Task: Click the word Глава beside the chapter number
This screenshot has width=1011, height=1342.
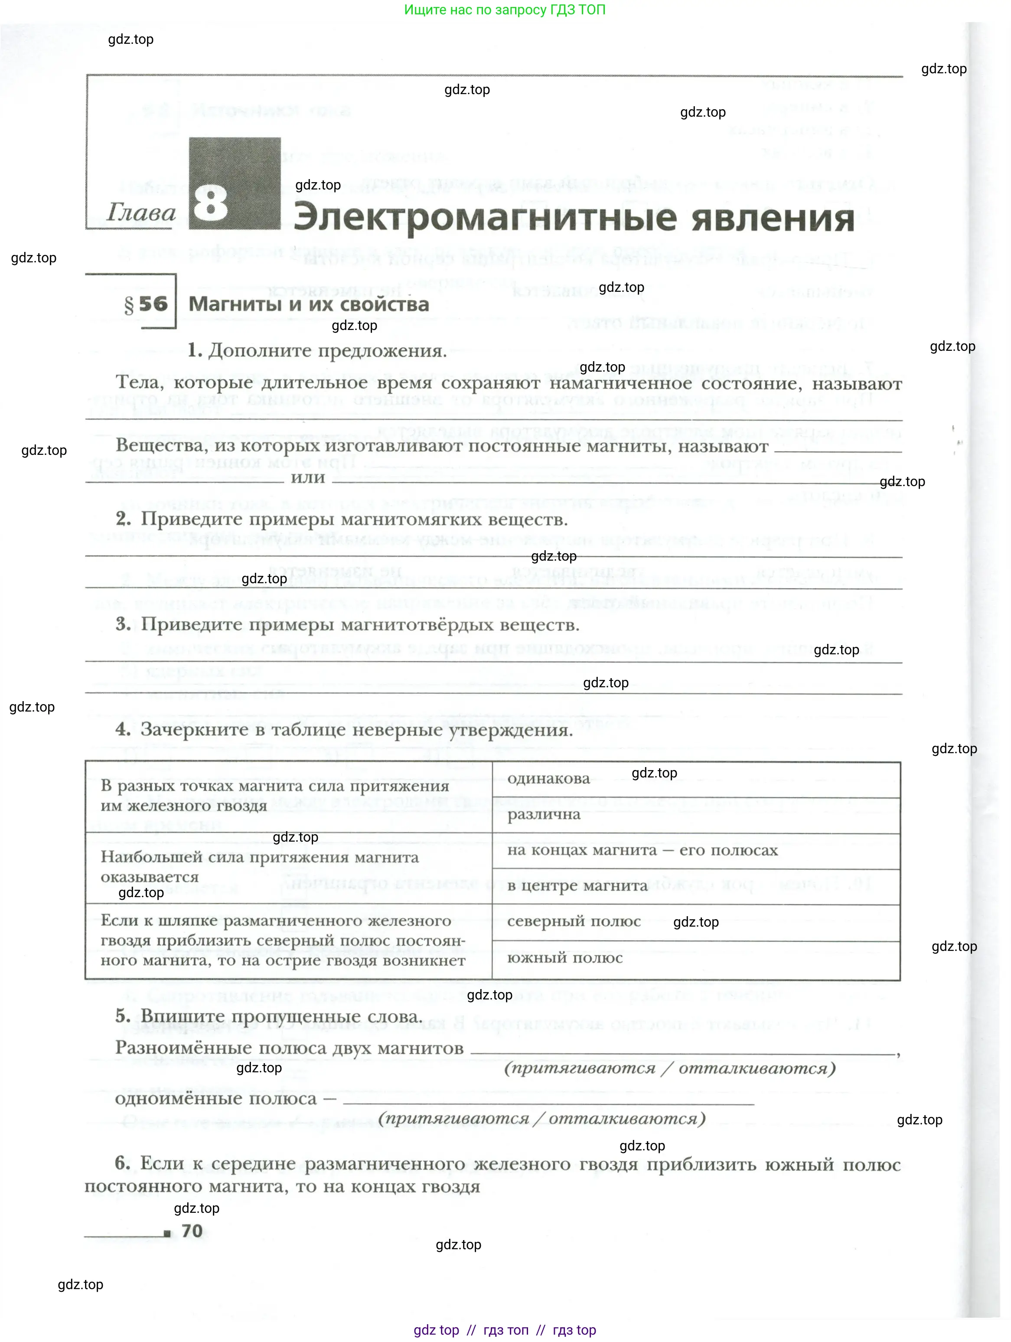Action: tap(141, 213)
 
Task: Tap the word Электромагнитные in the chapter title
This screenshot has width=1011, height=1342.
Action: tap(485, 218)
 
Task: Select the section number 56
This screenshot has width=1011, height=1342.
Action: tap(153, 304)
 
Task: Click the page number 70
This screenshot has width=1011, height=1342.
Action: tap(192, 1231)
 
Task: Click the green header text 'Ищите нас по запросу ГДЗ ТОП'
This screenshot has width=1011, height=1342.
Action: tap(505, 10)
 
